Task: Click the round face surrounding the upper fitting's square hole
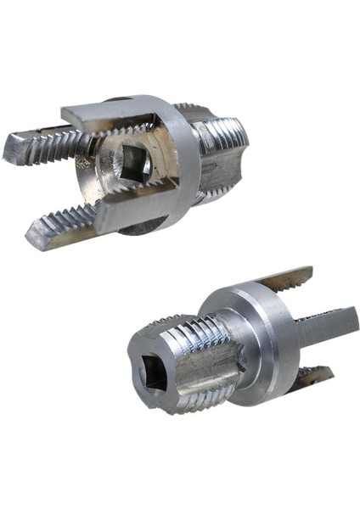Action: point(115,182)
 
